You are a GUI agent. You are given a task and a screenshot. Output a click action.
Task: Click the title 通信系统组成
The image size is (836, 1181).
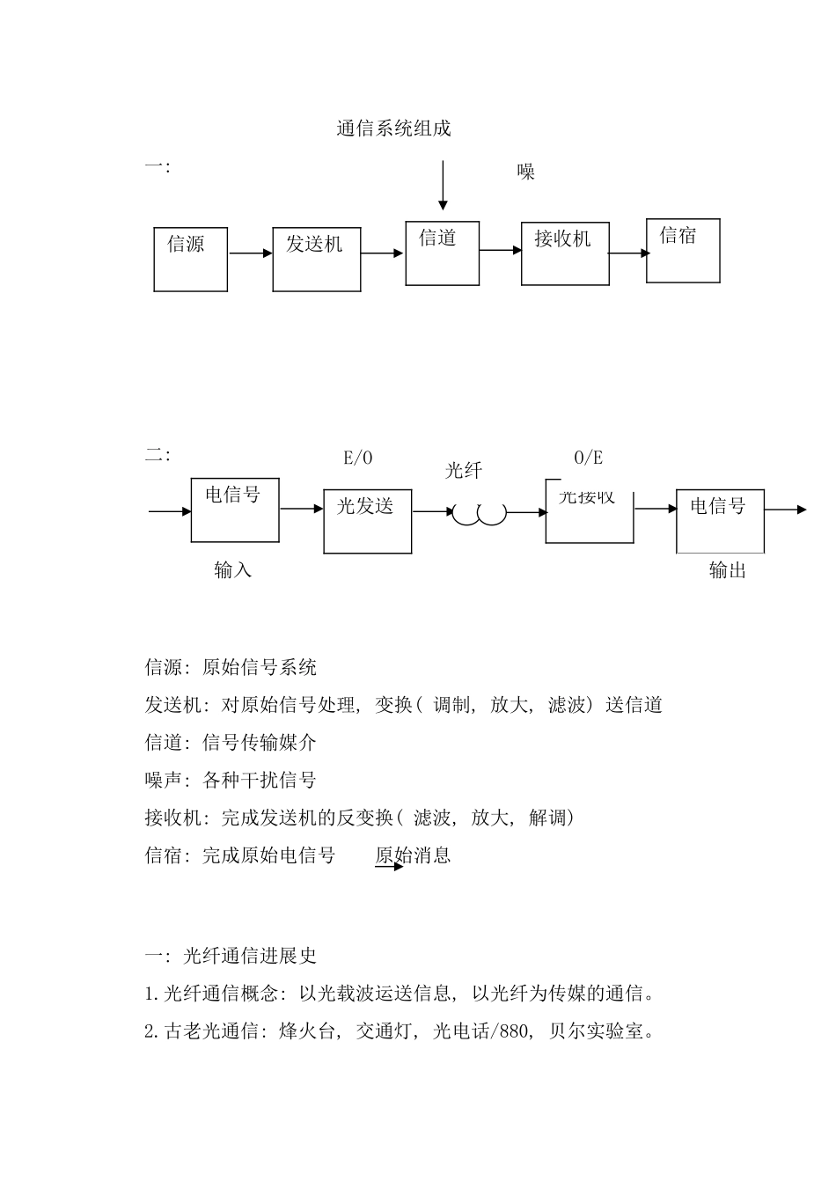coord(393,128)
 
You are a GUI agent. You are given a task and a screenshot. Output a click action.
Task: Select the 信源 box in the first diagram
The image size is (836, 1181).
coord(191,259)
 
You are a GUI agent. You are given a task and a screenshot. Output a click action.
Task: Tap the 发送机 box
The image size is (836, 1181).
coord(317,259)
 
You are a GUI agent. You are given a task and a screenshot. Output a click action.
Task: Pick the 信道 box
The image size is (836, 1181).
coord(443,253)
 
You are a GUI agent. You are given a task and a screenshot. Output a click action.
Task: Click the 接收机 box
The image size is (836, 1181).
coord(565,253)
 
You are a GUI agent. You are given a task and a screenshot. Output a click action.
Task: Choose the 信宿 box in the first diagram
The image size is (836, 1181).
coord(683,251)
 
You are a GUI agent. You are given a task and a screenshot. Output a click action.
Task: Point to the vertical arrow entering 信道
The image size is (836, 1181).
coord(443,185)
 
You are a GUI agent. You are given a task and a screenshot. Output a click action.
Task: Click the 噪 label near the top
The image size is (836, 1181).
coord(526,172)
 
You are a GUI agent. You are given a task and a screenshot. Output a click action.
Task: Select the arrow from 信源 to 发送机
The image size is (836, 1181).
coord(251,253)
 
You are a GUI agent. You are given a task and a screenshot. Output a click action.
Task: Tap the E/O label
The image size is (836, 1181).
coord(358,458)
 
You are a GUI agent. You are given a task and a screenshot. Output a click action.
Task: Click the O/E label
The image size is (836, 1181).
coord(589,458)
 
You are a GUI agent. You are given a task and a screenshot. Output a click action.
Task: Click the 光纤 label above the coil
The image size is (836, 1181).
coord(464,471)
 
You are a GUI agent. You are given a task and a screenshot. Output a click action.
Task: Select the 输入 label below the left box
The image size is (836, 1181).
coord(233,570)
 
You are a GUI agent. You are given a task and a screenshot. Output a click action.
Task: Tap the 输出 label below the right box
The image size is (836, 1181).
coord(728,570)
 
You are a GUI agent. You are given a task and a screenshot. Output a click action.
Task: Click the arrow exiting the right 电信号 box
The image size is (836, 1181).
coord(785,510)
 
